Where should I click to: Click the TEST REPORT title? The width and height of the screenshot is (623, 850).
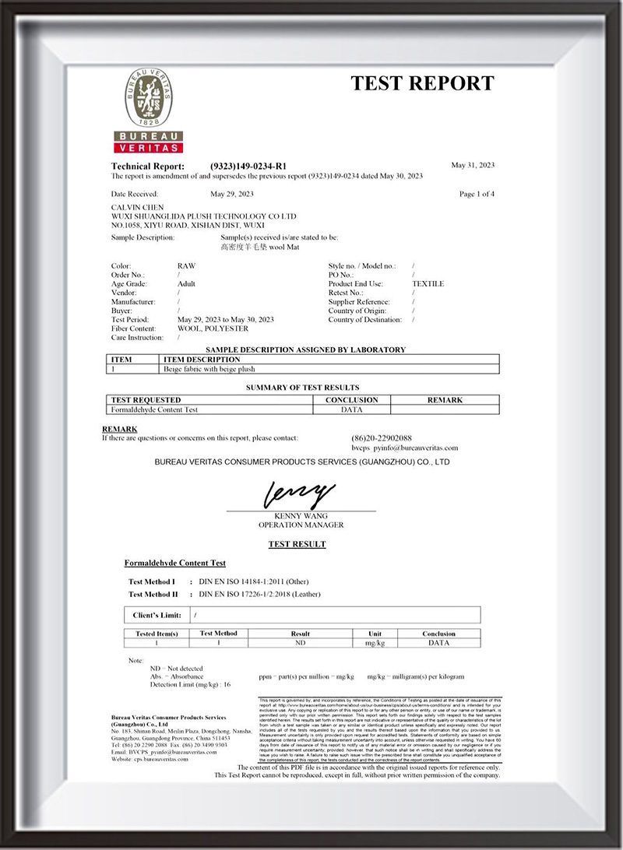point(421,83)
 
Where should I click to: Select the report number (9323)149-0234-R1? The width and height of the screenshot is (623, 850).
point(248,166)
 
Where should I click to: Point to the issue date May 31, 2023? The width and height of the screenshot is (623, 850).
point(473,165)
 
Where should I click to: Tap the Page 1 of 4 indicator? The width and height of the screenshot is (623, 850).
point(477,194)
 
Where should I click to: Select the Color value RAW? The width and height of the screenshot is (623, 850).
point(186,266)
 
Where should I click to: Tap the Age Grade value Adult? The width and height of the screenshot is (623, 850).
point(186,284)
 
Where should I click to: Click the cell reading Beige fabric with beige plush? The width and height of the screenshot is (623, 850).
point(209,369)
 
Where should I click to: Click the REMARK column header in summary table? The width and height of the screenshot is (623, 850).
point(445,400)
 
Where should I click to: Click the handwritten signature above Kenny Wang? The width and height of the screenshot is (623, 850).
point(299,493)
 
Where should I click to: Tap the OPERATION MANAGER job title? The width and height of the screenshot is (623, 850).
point(301,525)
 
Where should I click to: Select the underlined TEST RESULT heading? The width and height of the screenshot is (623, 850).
point(297,544)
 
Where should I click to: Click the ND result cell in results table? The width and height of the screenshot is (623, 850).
point(300,644)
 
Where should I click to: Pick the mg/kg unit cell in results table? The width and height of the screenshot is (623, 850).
point(375,644)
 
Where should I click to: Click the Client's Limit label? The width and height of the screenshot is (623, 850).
point(157,615)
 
